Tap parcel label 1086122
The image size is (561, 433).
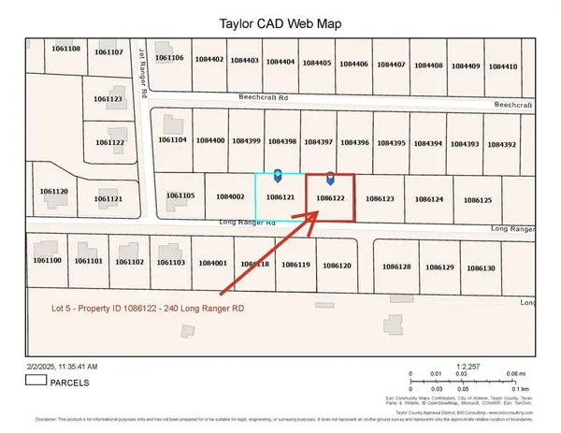pos(332,198)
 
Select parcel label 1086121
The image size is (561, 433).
pos(280,198)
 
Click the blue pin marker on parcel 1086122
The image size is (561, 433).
pos(331,178)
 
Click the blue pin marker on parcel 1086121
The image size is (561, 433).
pos(278,176)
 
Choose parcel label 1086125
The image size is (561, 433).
pos(477,200)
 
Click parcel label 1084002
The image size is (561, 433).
pos(229,196)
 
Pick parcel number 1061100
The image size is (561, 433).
pos(47,260)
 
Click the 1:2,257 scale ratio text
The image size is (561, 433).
pos(473,367)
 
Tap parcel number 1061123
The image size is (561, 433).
pos(108,98)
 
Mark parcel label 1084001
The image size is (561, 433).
pos(213,264)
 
